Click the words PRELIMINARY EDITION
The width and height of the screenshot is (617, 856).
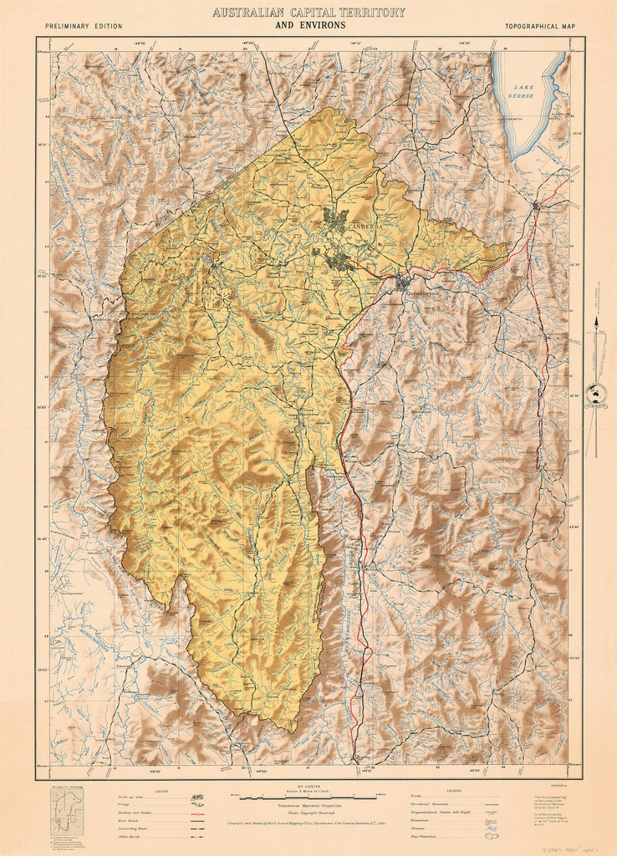[x=84, y=26]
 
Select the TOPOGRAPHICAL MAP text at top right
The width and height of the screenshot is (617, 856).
[x=539, y=26]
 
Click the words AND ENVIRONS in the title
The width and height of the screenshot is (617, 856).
[x=309, y=25]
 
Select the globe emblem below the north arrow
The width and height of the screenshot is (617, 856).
[x=596, y=391]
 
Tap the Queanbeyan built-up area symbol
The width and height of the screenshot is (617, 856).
[x=404, y=282]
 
